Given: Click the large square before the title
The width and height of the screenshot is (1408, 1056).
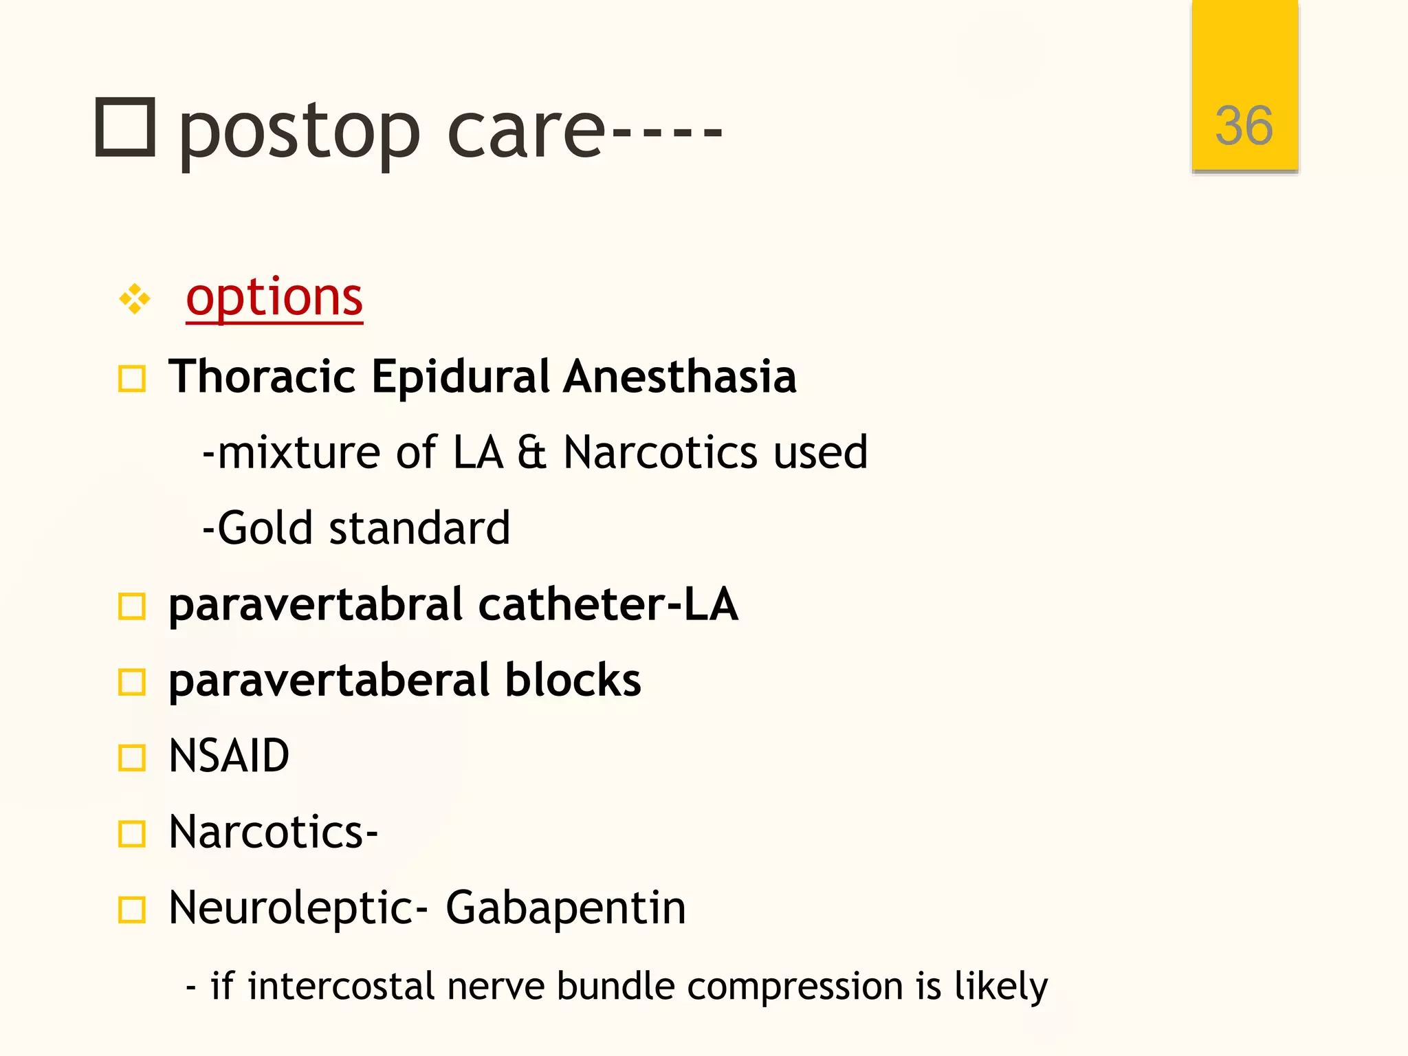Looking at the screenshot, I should point(124,127).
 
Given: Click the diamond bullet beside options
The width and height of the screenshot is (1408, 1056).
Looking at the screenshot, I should point(135,299).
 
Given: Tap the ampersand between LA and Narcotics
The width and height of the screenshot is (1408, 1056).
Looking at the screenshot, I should point(531,453).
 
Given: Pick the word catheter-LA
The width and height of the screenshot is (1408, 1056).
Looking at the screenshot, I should point(608,605).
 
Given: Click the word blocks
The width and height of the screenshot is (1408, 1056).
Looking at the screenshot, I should point(573,681).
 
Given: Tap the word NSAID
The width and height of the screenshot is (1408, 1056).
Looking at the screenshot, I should point(229,756).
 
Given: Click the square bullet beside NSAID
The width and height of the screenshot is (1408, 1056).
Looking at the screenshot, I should point(131,758).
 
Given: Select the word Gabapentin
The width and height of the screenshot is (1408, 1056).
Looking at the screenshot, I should point(566,908).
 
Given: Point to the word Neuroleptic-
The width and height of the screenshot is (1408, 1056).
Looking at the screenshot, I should point(298,910).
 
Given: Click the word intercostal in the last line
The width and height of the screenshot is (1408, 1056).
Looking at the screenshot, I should point(341,987).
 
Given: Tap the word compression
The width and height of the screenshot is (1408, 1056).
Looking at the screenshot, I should point(795,988).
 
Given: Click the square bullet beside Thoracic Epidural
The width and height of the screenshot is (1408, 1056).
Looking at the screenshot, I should point(131,378).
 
